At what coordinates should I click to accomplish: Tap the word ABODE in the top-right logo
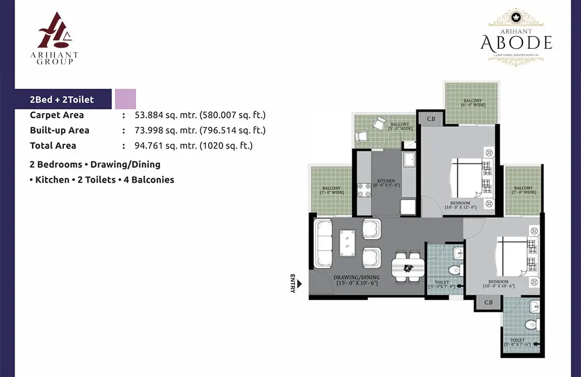pos(516,42)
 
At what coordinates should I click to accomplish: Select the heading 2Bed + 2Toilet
pos(62,100)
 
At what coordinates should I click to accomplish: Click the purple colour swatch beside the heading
pos(125,99)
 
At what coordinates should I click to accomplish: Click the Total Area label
pos(53,146)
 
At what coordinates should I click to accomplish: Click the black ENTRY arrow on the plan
pos(300,284)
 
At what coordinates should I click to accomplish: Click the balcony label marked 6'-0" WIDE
pos(472,103)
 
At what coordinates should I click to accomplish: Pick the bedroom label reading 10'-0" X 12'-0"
pos(460,205)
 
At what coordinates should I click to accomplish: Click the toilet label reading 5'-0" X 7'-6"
pos(517,343)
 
